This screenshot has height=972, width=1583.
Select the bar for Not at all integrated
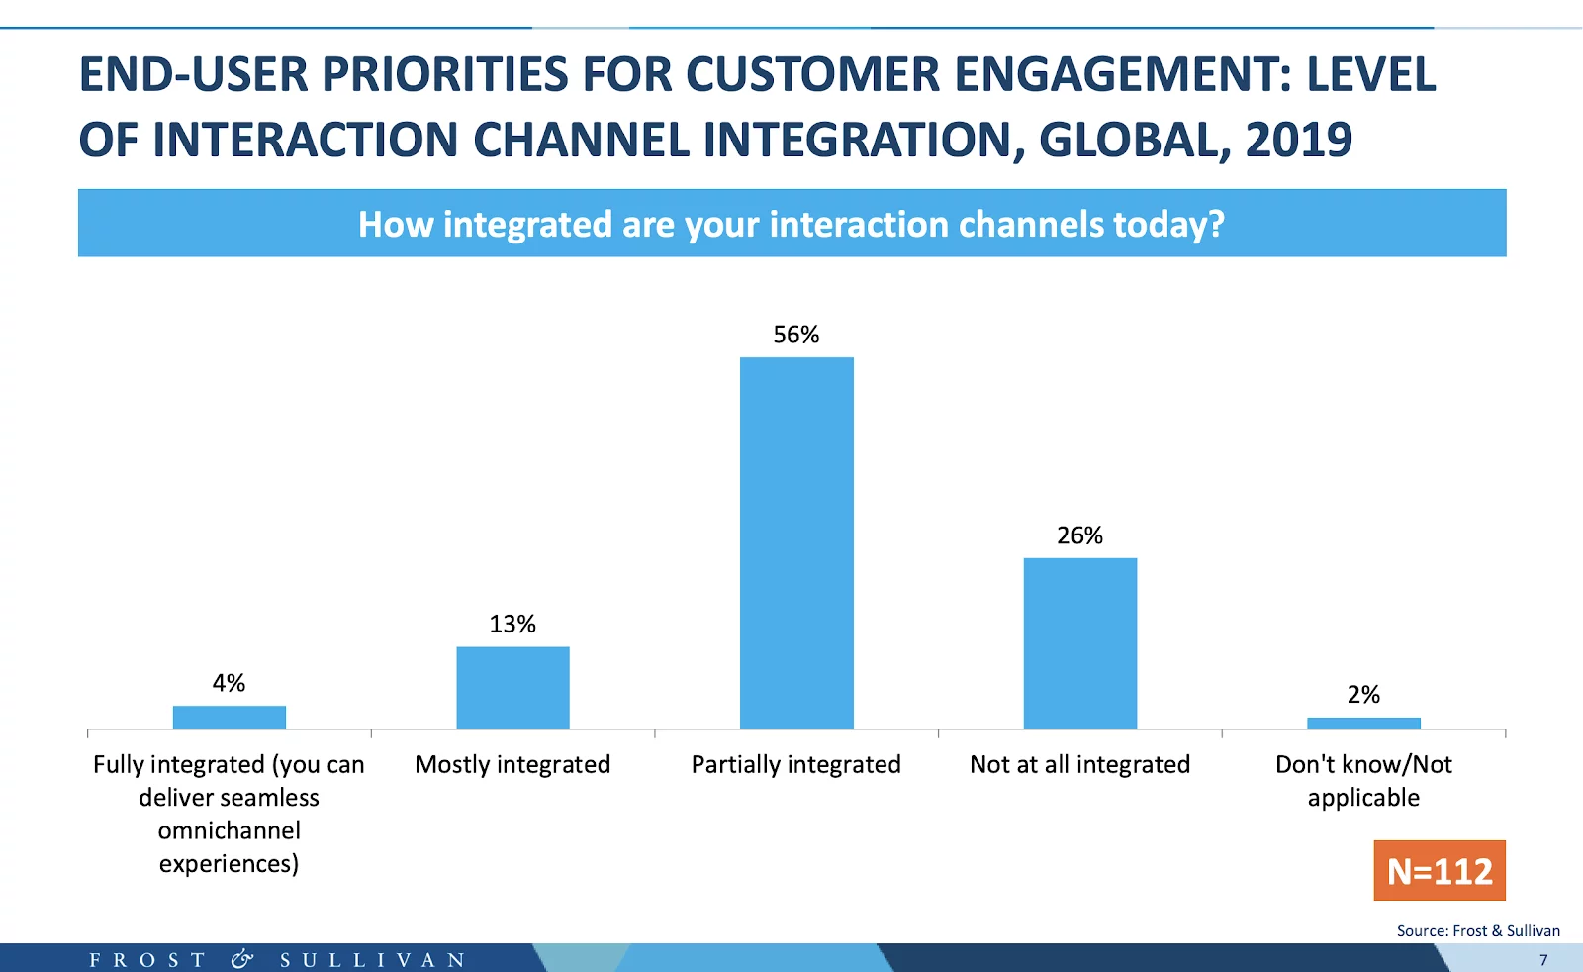[1079, 643]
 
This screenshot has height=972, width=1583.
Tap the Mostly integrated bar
[512, 688]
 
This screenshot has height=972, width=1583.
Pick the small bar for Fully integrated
[229, 718]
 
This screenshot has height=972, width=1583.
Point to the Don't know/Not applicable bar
[1363, 724]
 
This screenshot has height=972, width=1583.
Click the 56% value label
[796, 335]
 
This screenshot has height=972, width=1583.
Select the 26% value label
[1079, 535]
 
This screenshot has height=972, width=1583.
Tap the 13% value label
[512, 624]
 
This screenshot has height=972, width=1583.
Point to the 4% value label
[229, 683]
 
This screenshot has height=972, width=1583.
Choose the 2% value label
[1363, 695]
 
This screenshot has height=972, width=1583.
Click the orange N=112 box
[1440, 871]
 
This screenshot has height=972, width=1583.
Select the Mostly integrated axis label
[512, 764]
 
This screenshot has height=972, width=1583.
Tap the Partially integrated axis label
[796, 764]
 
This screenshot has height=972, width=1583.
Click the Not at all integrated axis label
[1079, 764]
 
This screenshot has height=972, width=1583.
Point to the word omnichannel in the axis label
[229, 830]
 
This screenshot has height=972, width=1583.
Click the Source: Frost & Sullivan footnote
[1478, 930]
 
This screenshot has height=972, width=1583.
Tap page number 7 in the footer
[1543, 960]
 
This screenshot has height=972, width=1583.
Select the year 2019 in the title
[1298, 140]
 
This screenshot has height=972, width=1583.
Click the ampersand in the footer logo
[242, 959]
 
